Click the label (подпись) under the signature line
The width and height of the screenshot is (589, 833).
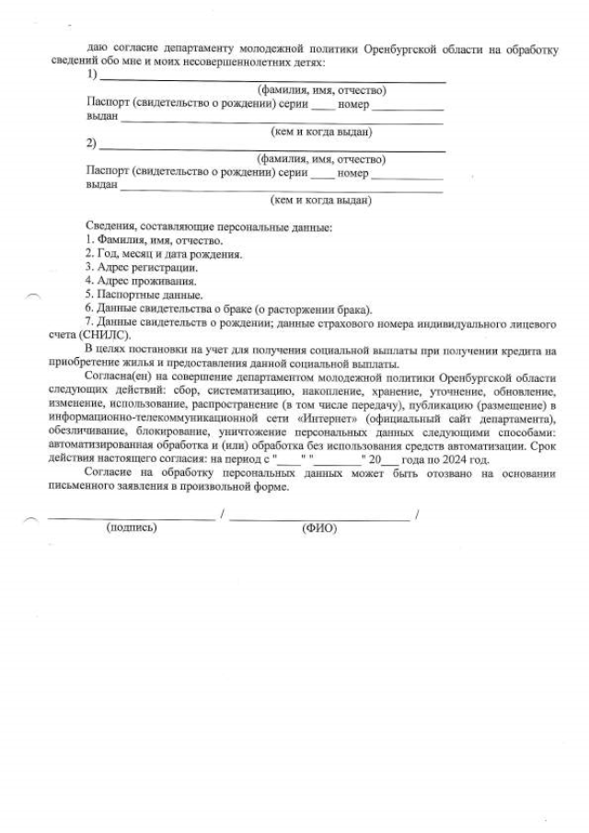[x=132, y=527]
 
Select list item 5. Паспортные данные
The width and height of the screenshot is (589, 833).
[x=144, y=295]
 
